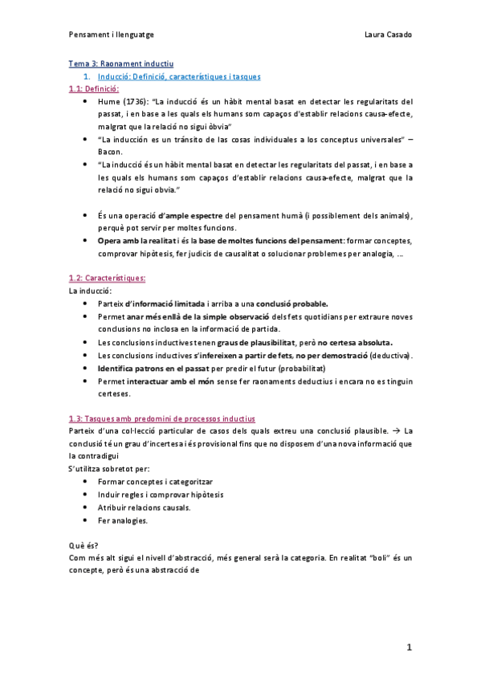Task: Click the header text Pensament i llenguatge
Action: [x=112, y=35]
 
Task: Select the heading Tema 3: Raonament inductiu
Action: [x=120, y=63]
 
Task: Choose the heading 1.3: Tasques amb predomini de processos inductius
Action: [x=162, y=418]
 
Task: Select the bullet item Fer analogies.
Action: [x=122, y=520]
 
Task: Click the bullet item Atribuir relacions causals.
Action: [x=143, y=507]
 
